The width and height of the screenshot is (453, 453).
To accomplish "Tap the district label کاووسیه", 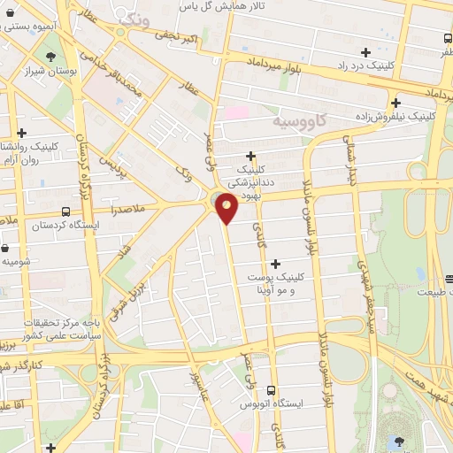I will click(x=298, y=119).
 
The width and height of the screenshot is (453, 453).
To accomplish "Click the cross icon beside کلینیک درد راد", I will click(x=365, y=52).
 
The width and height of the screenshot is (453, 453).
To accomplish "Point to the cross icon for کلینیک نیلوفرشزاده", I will click(x=395, y=102).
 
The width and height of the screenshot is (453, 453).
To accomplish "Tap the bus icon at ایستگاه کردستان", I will click(x=65, y=211).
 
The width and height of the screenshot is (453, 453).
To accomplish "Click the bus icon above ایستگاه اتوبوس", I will click(x=272, y=389).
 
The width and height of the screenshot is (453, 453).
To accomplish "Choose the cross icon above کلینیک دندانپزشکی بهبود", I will click(x=250, y=156).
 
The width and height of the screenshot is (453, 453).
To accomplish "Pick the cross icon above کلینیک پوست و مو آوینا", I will click(x=276, y=263).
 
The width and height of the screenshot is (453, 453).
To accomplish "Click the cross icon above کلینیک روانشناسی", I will click(x=21, y=133).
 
